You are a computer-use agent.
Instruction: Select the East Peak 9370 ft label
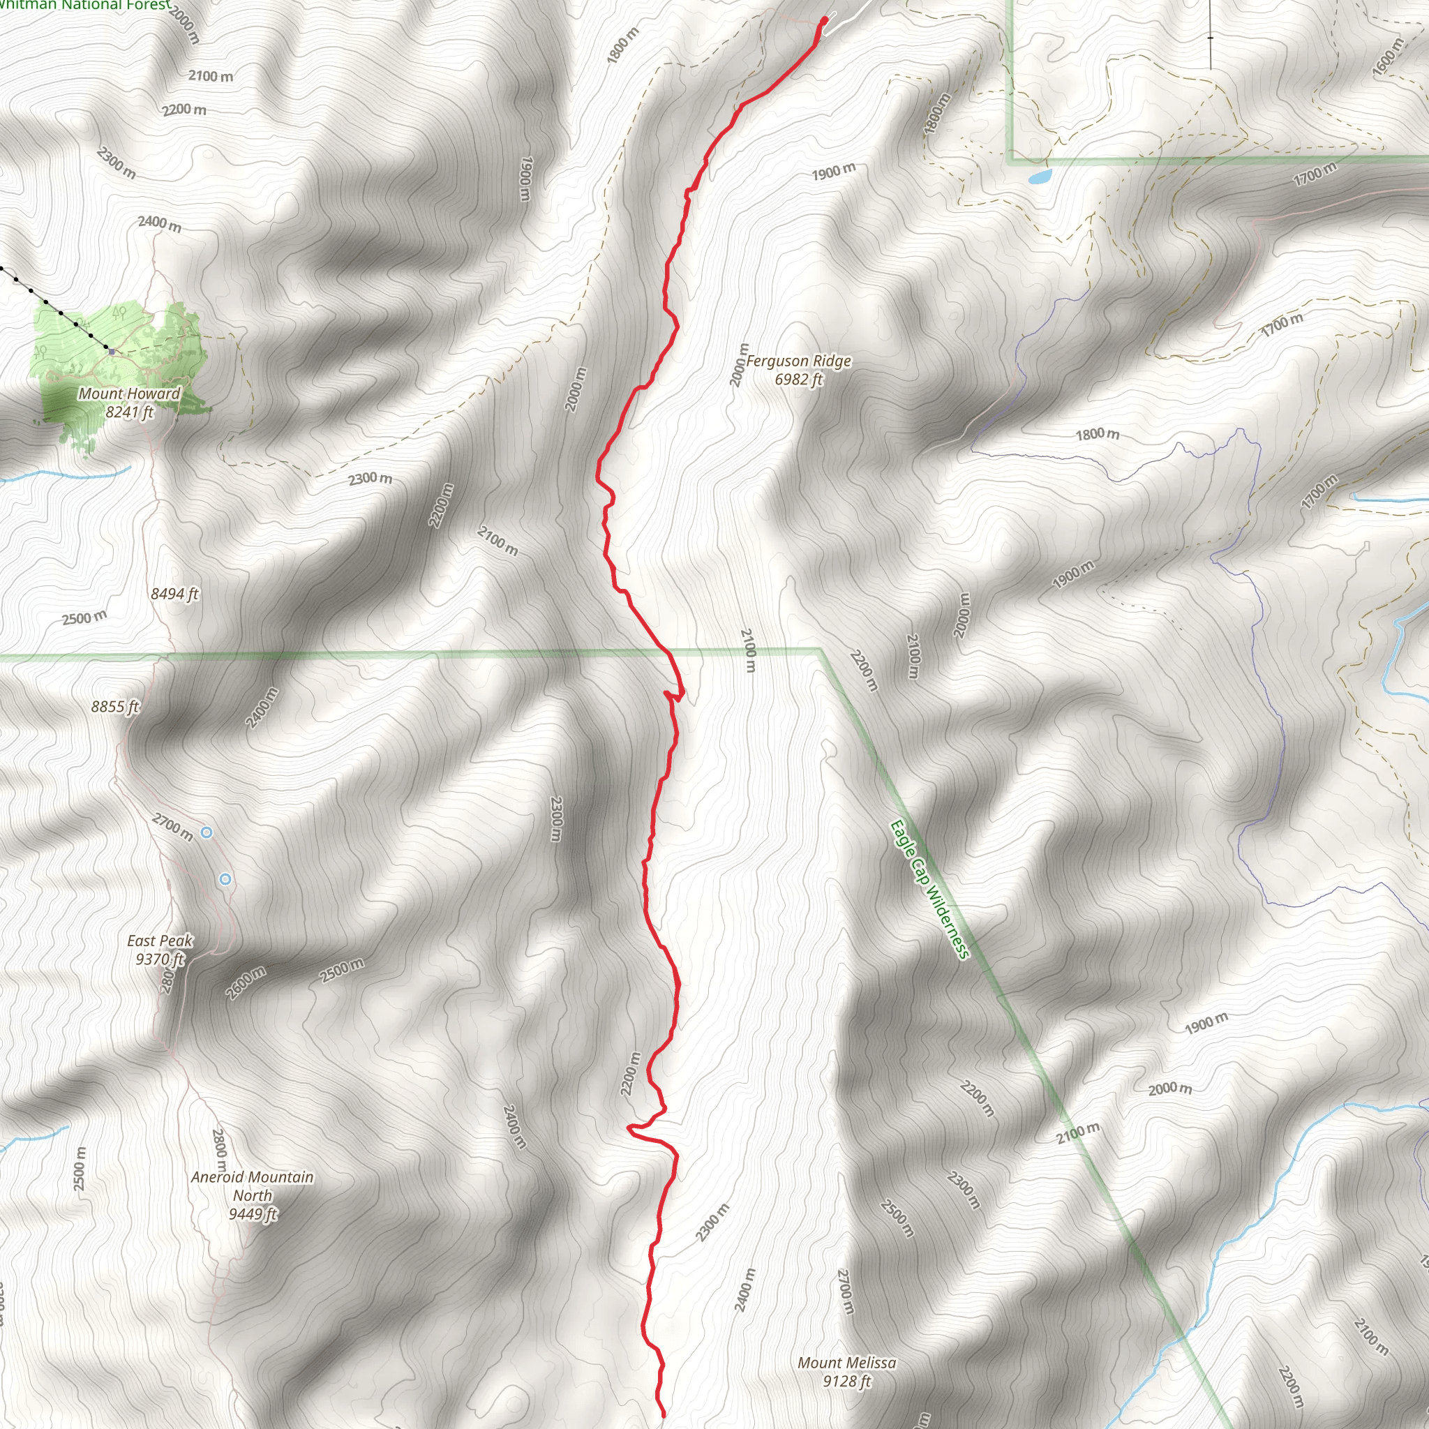[160, 950]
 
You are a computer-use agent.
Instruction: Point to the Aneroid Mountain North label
[252, 1195]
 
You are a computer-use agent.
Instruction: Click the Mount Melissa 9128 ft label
[847, 1371]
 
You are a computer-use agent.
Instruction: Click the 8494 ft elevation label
[174, 594]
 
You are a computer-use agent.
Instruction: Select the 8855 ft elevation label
[115, 706]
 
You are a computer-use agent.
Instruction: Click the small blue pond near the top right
[1039, 177]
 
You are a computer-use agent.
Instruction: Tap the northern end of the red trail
[825, 20]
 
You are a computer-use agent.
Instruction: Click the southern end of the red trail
[663, 1415]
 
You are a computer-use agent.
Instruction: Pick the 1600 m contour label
[1389, 57]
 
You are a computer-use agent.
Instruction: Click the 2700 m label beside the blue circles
[173, 827]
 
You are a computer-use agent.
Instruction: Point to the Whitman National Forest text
[85, 5]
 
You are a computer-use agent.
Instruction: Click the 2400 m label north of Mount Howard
[160, 223]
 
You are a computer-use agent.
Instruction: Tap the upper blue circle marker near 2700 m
[207, 833]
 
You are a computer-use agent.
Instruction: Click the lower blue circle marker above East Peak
[225, 878]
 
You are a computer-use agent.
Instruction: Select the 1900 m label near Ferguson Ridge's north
[834, 172]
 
